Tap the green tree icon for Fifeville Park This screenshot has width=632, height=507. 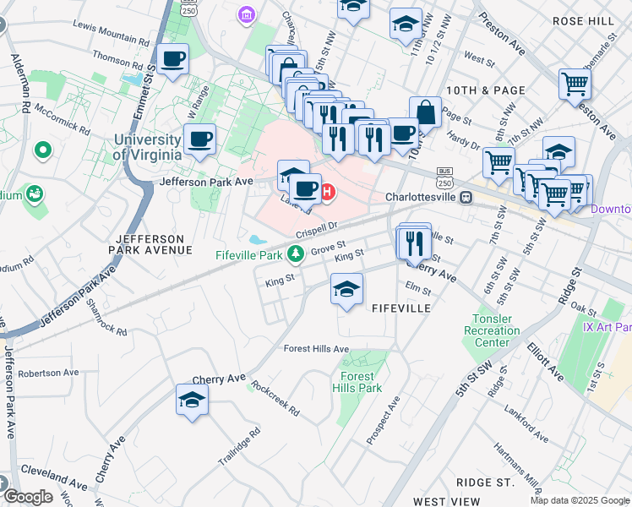295,253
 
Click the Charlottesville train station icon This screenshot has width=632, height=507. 465,197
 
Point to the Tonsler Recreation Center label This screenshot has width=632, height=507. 492,330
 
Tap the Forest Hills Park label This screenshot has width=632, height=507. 362,382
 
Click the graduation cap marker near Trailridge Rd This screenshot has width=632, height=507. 192,400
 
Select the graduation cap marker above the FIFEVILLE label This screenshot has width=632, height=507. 346,289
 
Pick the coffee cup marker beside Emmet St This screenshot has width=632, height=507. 173,60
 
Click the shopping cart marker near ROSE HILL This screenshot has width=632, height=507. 575,84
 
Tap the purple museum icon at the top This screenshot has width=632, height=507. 246,14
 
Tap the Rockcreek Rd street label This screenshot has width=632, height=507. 281,400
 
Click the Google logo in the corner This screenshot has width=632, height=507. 29,497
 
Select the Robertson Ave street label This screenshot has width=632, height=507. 48,373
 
